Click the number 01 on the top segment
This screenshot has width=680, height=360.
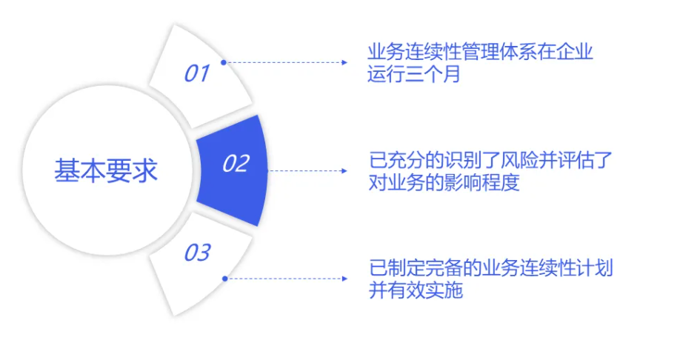[197, 73]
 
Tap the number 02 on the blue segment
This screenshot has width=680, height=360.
[236, 164]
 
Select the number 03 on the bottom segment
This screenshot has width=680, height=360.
[197, 253]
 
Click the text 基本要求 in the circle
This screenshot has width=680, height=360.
[106, 170]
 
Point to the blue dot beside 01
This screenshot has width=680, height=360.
[224, 62]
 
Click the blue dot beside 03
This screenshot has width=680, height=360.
[224, 279]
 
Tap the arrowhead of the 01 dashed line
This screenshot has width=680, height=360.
[344, 62]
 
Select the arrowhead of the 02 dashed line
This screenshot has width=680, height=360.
[344, 171]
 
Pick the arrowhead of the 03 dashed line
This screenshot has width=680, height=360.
[344, 279]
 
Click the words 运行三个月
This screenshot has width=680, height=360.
[414, 74]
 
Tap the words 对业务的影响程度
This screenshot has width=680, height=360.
[444, 182]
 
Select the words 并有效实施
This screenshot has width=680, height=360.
[416, 290]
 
